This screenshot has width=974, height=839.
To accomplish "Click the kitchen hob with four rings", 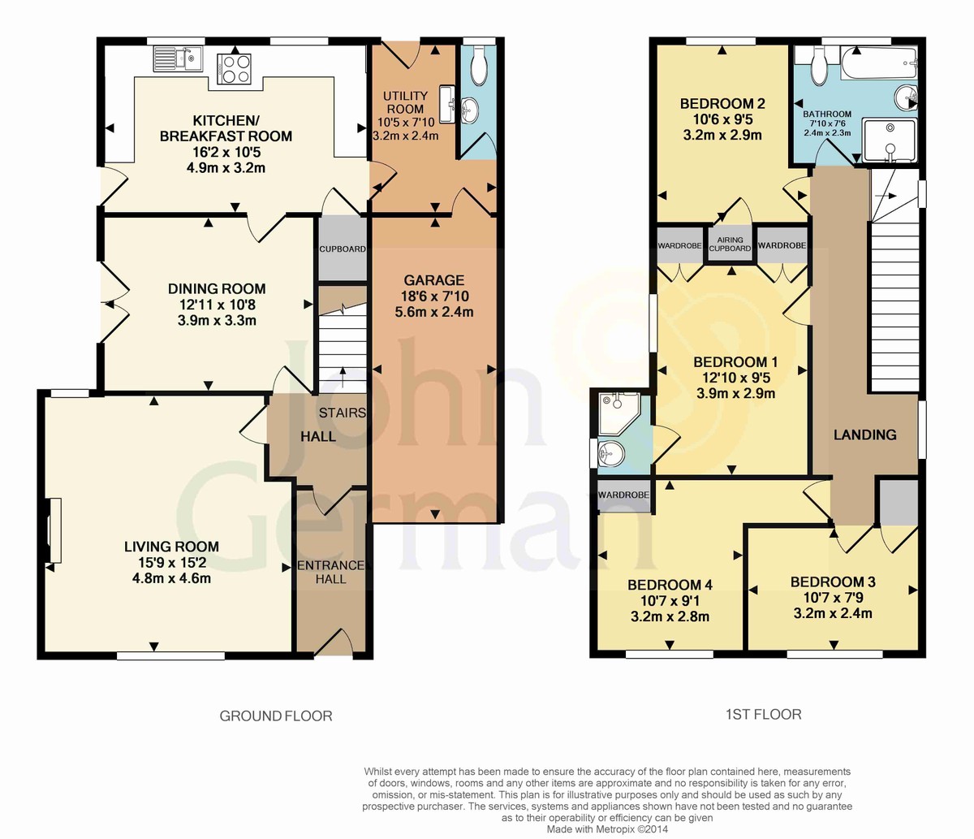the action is pos(234,69).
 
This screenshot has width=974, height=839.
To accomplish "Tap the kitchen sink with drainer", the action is pos(178,58).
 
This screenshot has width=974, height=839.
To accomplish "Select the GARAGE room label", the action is pos(434,280).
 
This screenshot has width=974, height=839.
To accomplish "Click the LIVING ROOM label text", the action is pos(171,547).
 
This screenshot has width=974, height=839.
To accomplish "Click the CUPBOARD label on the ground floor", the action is pos(343,249).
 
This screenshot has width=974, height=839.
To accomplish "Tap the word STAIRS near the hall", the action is pos(343,413).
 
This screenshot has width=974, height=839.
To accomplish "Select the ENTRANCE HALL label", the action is pos(331,572).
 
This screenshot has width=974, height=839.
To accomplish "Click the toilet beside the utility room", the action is pos(479,66).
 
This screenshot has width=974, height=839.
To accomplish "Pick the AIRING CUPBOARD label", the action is pos(730,244).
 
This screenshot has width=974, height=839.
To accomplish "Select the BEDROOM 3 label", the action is pos(833,582).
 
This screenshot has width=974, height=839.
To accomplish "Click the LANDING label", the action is pos(865,435).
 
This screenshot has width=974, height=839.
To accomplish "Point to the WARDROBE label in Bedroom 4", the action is pos(623,495).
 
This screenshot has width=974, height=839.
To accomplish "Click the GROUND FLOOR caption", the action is pos(276,716).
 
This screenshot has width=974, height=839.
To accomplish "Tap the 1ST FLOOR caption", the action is pos(763,715).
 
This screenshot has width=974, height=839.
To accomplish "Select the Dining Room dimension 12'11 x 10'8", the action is pos(217,305).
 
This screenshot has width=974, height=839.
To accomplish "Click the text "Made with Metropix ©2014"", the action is pos(607,829).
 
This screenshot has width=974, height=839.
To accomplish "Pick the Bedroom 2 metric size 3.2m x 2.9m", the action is pos(722,136).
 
